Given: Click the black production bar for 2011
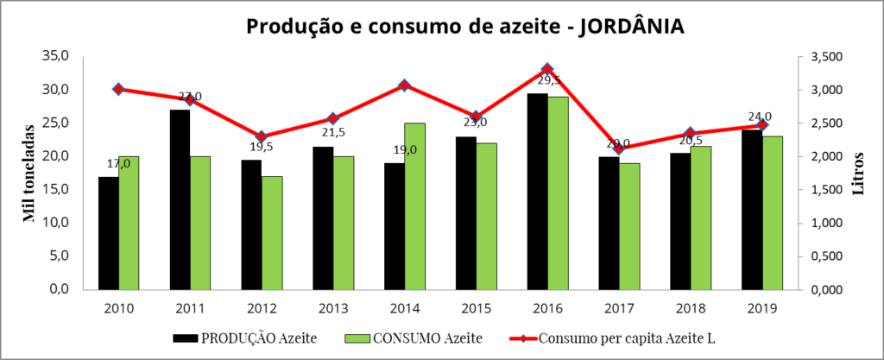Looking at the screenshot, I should pos(180,199).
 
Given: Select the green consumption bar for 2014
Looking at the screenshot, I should pos(414,206).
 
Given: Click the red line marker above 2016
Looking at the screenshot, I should pos(547,69).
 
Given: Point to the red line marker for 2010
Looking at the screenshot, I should pos(118,89).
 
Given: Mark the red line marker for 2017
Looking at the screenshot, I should pos(618,148).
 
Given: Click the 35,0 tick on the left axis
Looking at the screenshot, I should pos(54,57).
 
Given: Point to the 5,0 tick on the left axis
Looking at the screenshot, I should pos(58,256).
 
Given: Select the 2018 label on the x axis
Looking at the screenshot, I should pos(689,308).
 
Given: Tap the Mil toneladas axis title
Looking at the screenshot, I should pos(29,174).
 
